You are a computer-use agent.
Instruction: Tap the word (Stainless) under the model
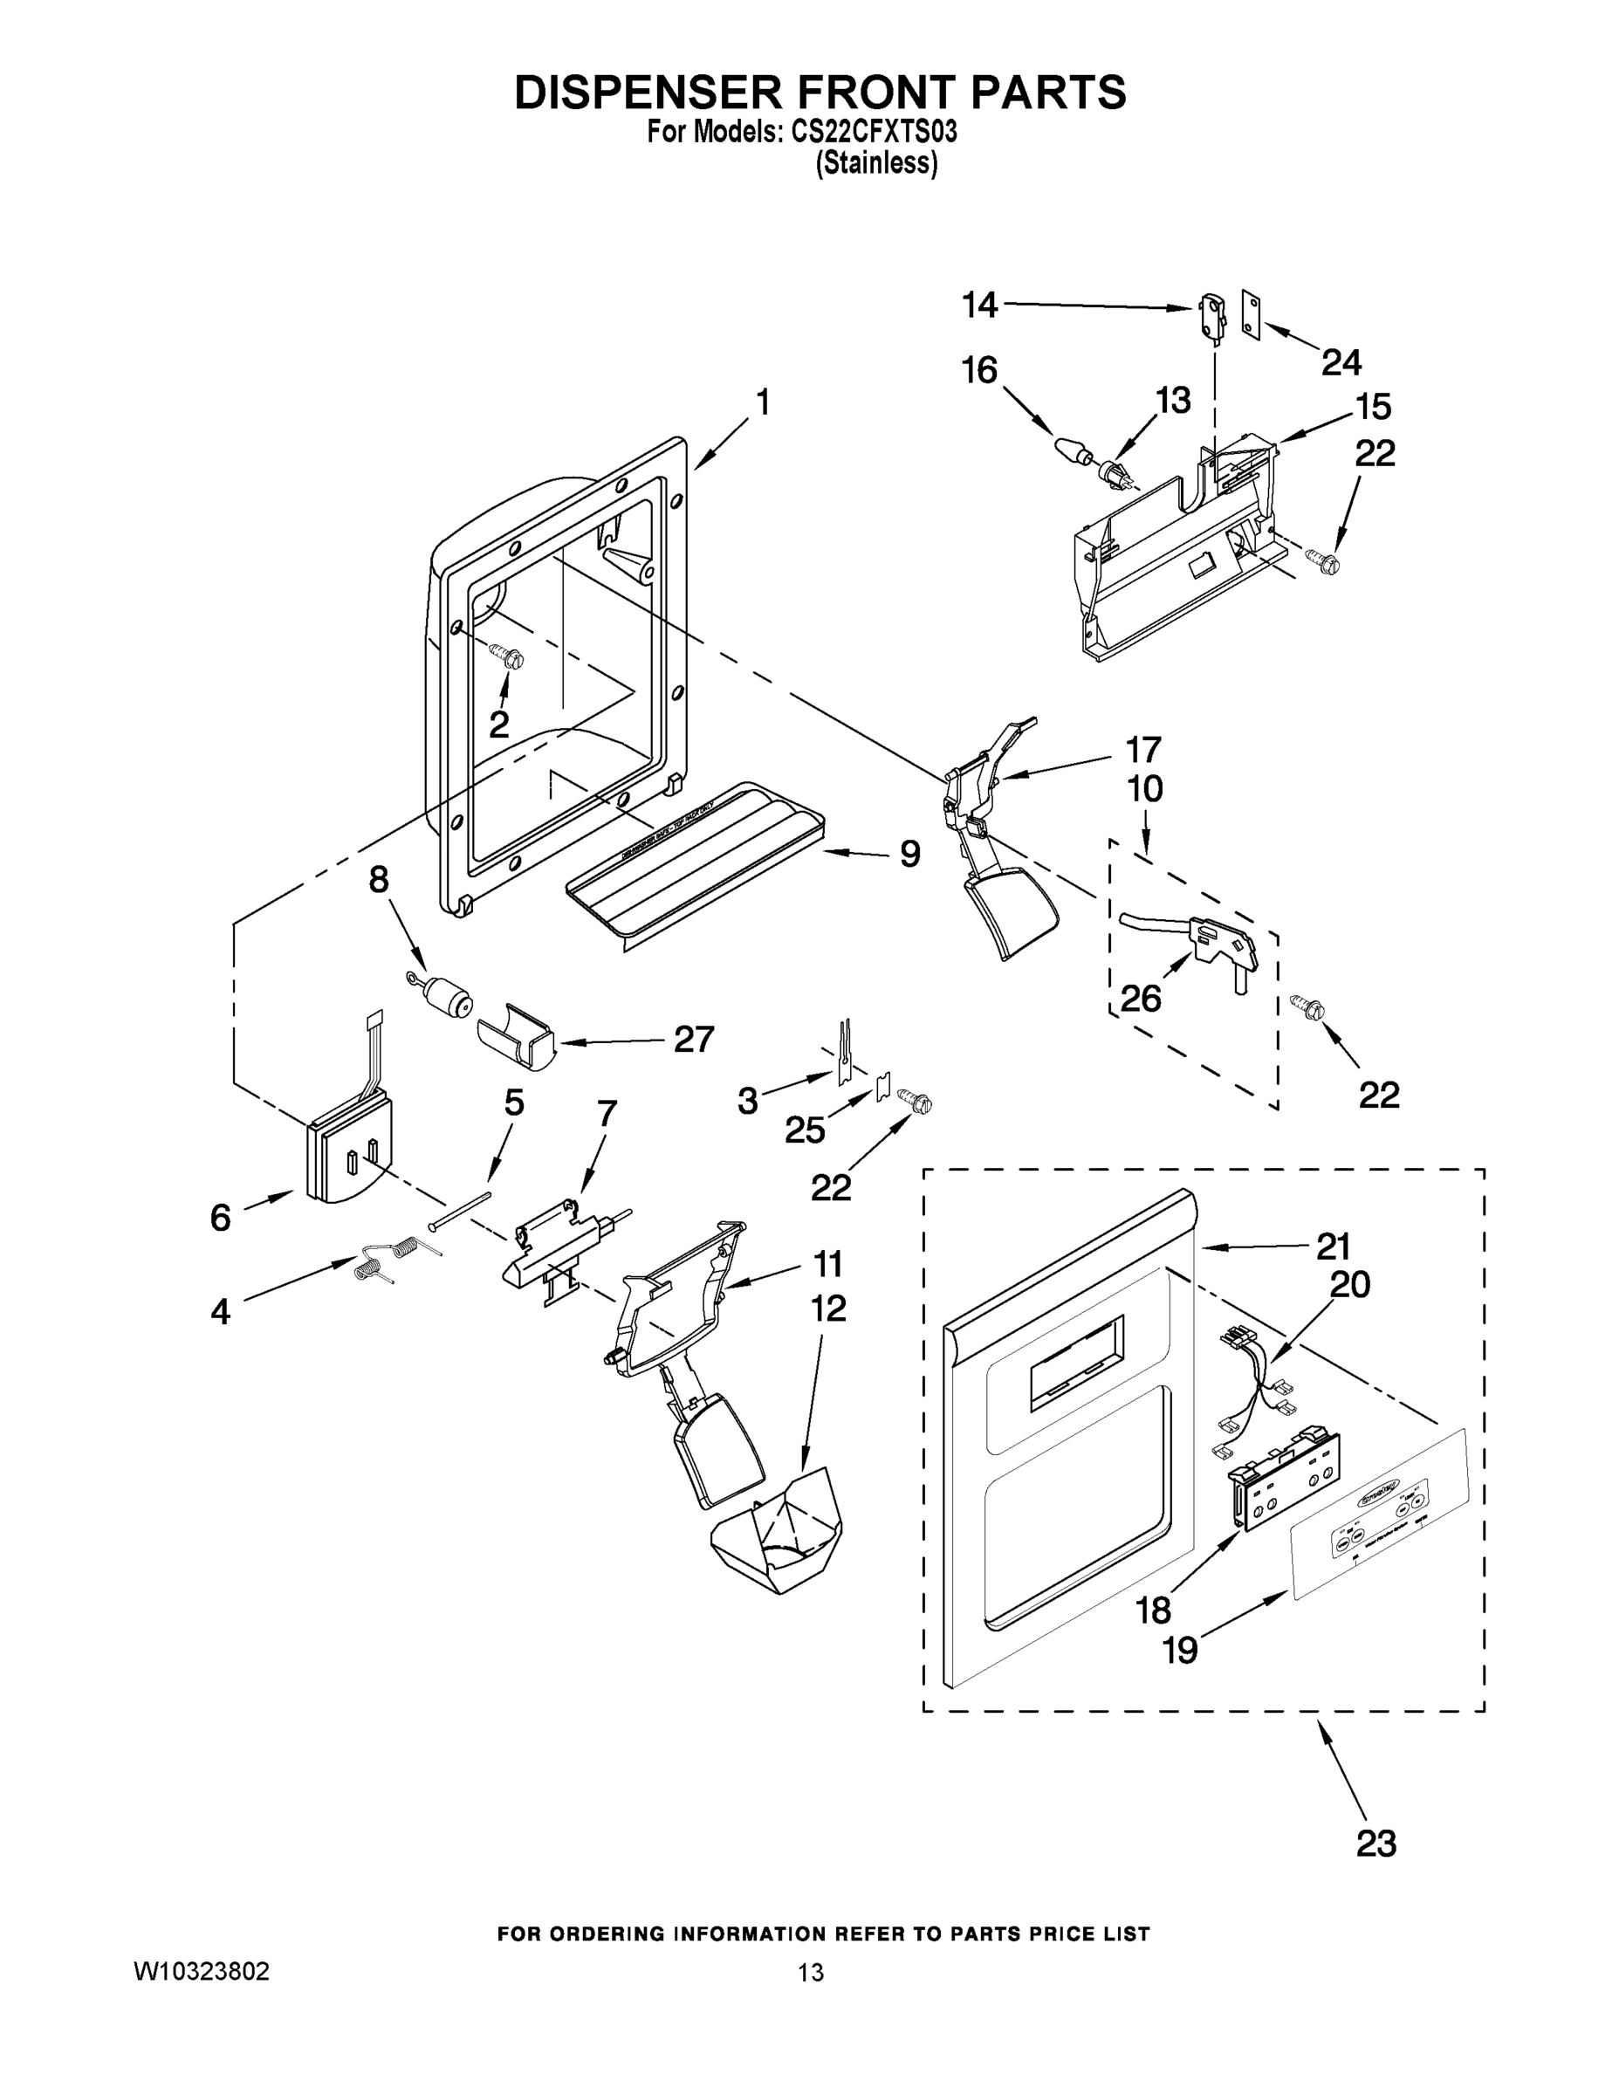[875, 163]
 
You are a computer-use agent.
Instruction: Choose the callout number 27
[694, 1039]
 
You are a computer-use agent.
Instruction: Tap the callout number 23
[1375, 1843]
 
